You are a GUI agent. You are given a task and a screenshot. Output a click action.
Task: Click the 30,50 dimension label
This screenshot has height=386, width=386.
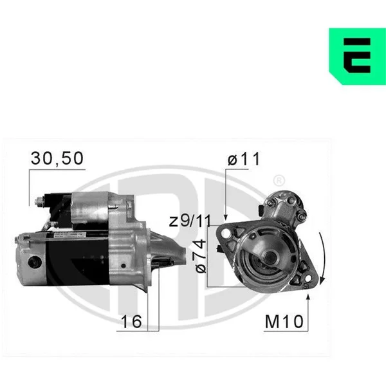click(x=57, y=158)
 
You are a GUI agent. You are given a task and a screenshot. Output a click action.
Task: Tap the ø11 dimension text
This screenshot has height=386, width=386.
click(x=243, y=159)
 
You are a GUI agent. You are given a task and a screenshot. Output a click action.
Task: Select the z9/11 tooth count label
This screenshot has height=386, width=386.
click(x=190, y=221)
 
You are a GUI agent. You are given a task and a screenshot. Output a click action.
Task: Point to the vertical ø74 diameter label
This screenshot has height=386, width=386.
click(x=201, y=256)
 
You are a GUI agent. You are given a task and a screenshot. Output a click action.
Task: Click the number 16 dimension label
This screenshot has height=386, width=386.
click(x=131, y=321)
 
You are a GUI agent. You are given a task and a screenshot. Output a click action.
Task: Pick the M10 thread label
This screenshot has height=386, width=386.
click(x=284, y=322)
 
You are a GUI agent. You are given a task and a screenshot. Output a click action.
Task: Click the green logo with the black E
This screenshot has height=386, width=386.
click(x=358, y=57)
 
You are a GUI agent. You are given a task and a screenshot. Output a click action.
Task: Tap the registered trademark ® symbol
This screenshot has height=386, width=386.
click(x=279, y=181)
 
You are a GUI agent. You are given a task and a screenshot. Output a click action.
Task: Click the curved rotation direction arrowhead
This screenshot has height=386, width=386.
click(x=322, y=280)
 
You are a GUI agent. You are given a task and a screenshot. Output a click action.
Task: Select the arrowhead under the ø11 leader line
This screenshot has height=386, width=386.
click(x=226, y=217)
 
